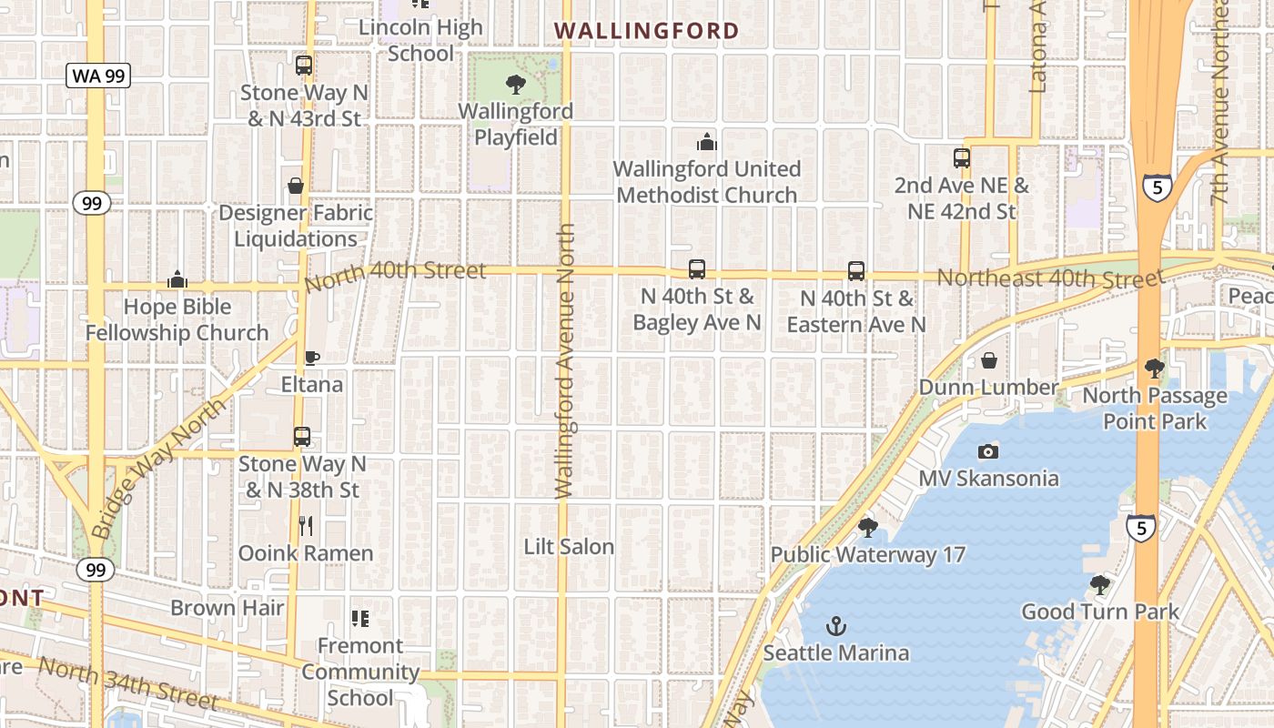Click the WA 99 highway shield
[x=97, y=76]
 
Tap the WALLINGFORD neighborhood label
[x=647, y=31]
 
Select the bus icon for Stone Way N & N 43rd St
[x=304, y=66]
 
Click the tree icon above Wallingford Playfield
[x=516, y=86]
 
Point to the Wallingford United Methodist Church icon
[x=706, y=142]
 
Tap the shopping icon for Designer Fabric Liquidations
[x=296, y=186]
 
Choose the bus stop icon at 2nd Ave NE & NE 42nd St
[x=962, y=158]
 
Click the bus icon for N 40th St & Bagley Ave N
[x=697, y=269]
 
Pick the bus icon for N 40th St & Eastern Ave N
[x=856, y=271]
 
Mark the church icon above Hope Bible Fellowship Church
[x=177, y=279]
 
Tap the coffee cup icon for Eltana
[x=311, y=358]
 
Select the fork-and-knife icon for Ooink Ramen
[x=306, y=526]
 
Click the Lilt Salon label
[x=569, y=547]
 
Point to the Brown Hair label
[x=227, y=608]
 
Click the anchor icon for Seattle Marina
[x=835, y=626]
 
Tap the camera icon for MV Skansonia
[x=988, y=451]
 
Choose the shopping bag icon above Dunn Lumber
[x=989, y=361]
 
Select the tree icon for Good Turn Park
[x=1100, y=584]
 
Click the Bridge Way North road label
[x=159, y=468]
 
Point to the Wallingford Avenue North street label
[x=566, y=361]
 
